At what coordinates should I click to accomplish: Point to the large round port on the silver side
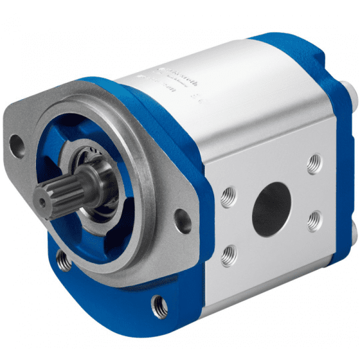(271, 208)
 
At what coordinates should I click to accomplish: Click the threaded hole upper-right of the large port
(313, 163)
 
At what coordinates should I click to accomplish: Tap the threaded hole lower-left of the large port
(228, 256)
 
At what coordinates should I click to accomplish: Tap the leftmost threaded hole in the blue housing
(62, 259)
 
